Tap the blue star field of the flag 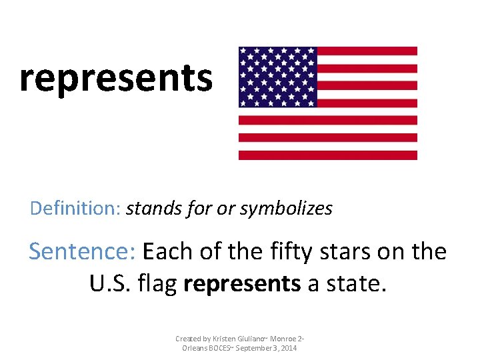pos(277,77)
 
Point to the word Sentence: pos(83,251)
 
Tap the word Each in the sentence pos(166,251)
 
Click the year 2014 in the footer pos(289,348)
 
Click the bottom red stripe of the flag pos(328,155)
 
